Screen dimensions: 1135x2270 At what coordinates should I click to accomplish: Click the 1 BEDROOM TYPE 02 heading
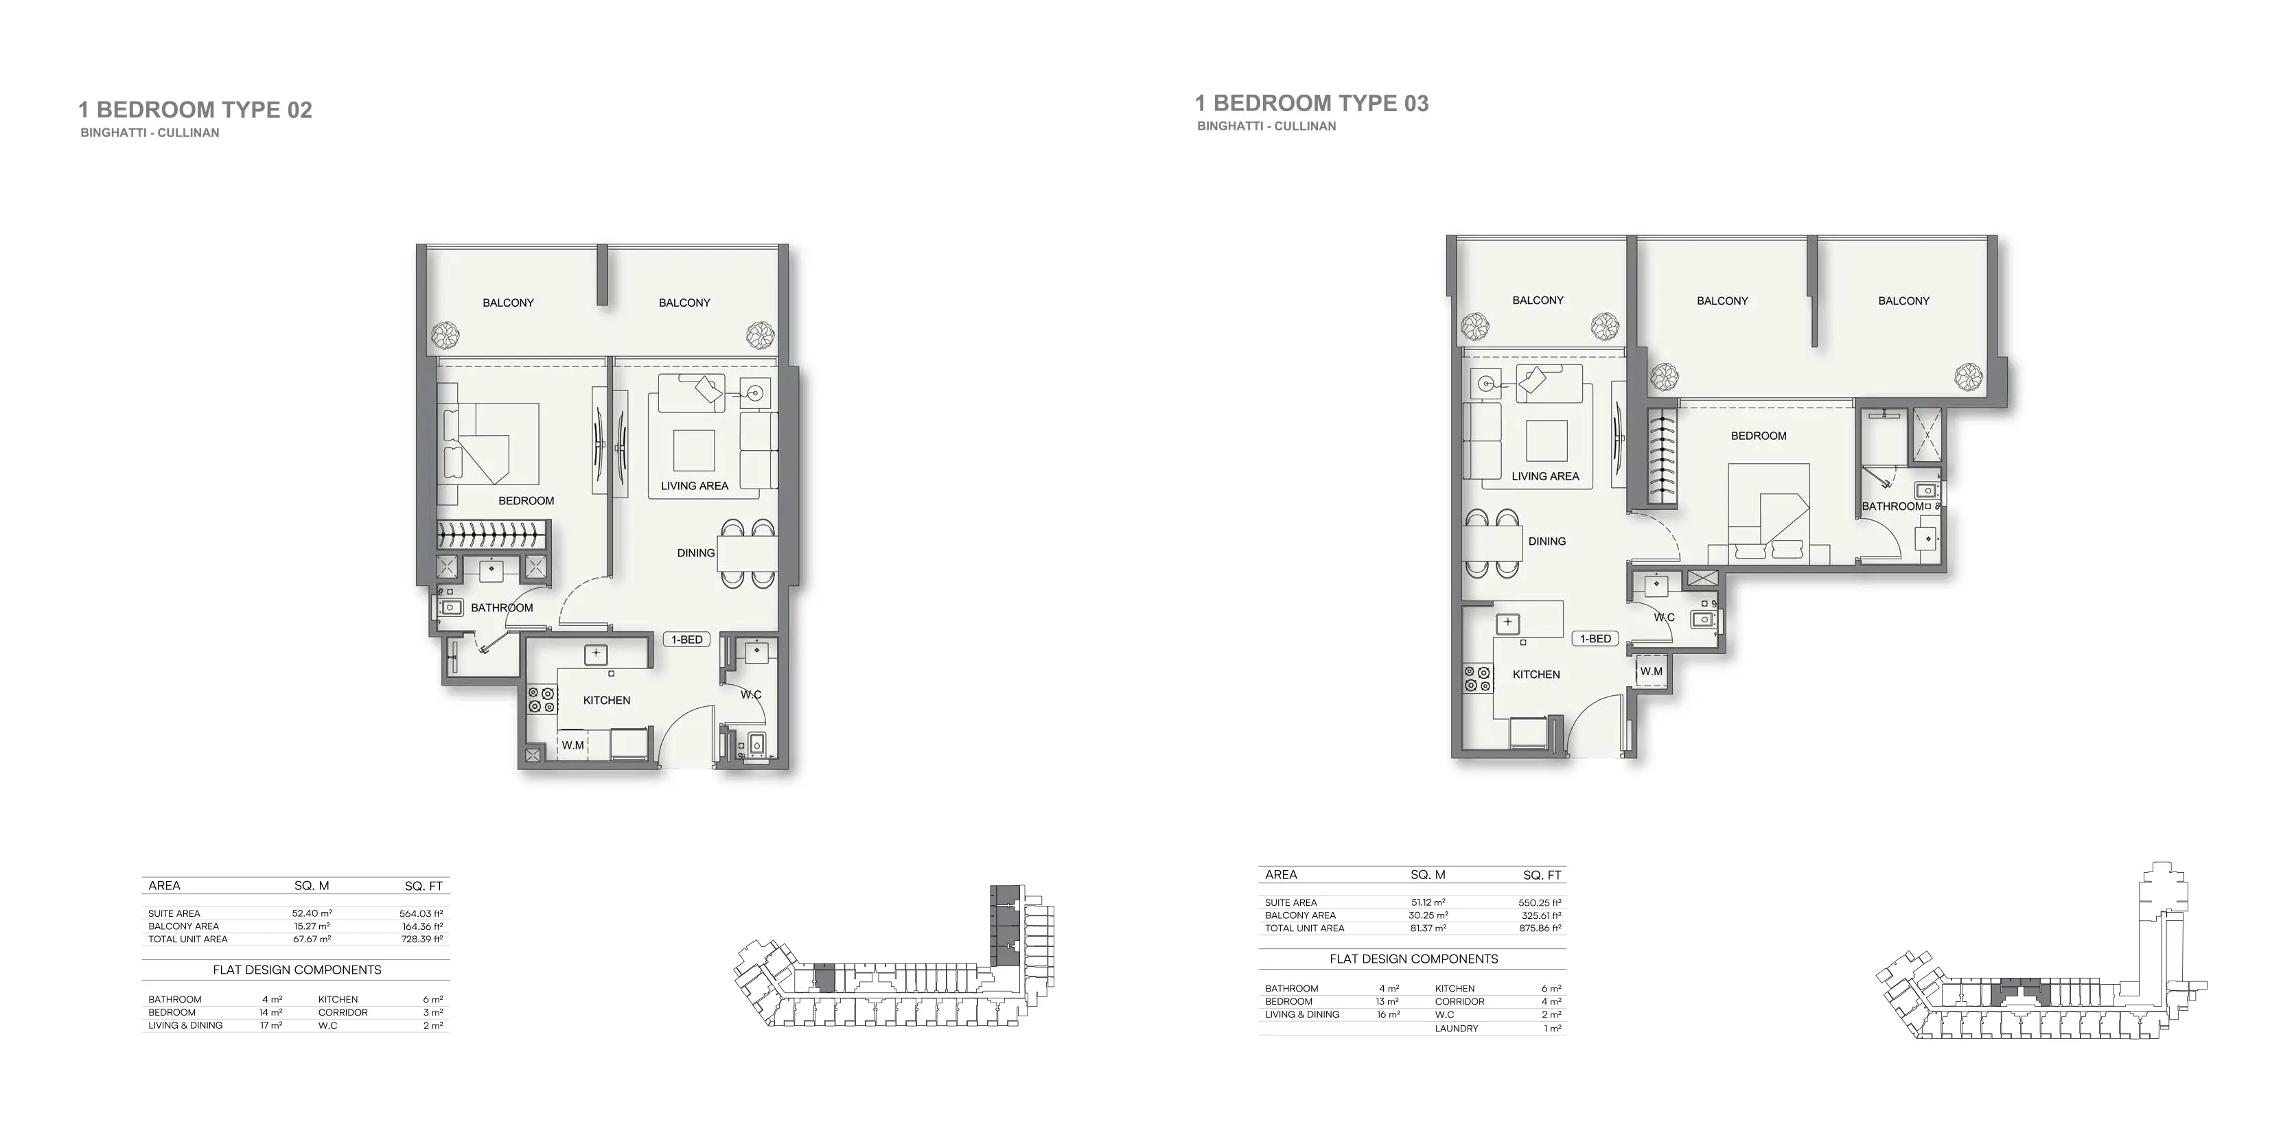pos(195,110)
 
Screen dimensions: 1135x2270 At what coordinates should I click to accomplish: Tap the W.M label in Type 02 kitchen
pos(572,745)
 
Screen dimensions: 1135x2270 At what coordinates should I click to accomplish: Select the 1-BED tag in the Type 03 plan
pos(1595,639)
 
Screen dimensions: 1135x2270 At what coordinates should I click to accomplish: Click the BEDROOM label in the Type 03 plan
pos(1758,436)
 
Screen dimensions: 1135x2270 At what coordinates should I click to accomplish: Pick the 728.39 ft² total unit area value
pos(421,939)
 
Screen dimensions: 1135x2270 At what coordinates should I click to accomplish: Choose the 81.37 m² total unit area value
pos(1428,928)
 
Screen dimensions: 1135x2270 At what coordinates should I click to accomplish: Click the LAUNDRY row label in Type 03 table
pos(1456,1029)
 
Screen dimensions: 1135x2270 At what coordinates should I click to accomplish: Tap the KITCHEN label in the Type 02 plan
pos(606,701)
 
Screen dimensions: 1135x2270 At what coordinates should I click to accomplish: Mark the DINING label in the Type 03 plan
pos(1547,541)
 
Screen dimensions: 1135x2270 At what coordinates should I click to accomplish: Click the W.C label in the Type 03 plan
pos(1664,617)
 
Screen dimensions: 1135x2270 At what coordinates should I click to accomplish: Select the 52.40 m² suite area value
pos(312,914)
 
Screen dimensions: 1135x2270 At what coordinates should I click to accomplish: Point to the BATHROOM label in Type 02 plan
pos(501,608)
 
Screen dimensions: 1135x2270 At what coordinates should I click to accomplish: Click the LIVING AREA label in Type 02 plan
pos(695,486)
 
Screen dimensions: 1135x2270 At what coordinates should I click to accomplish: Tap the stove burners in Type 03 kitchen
pos(1478,679)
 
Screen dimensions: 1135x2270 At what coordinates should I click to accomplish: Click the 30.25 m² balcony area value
pos(1428,915)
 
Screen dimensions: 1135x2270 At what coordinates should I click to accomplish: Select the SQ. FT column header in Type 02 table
pos(424,886)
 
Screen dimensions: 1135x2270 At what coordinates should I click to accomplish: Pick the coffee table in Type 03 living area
pos(1547,441)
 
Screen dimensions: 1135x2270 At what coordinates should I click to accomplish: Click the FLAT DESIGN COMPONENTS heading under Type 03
pos(1413,959)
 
